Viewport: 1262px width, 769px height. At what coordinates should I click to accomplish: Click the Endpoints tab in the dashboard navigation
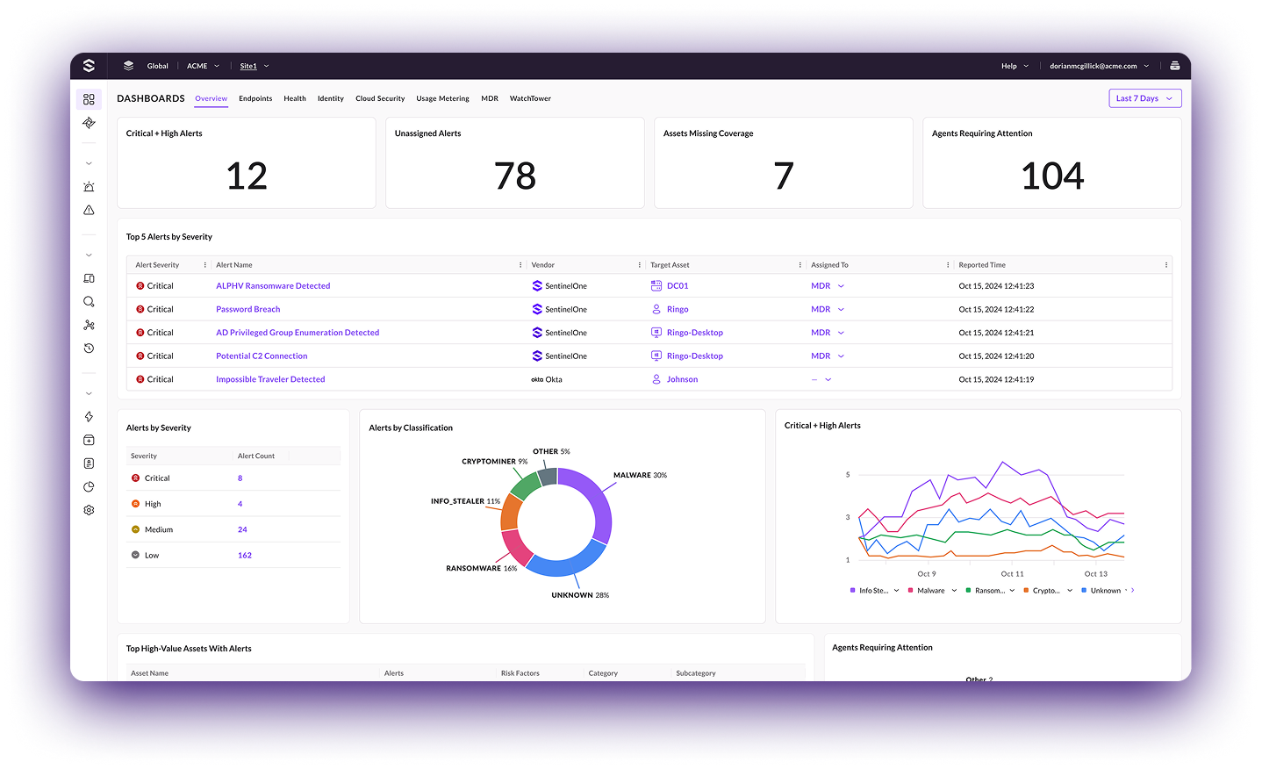click(255, 98)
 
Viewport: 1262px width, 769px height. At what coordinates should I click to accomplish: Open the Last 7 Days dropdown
click(1144, 98)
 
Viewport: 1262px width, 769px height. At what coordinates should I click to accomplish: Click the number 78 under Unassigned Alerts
click(515, 176)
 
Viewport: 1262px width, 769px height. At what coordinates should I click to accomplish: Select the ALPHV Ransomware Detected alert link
click(273, 286)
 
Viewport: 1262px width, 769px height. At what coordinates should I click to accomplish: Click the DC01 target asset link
click(677, 286)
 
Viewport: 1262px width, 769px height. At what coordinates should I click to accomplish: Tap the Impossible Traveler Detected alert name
click(270, 379)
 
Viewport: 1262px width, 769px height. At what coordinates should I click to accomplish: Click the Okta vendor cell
click(547, 379)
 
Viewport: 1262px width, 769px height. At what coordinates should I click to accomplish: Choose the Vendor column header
click(543, 265)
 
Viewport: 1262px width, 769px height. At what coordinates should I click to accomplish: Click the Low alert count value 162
click(245, 556)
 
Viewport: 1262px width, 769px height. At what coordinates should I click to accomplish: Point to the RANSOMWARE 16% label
click(481, 569)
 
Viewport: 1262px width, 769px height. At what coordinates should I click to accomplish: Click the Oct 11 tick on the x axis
click(1012, 574)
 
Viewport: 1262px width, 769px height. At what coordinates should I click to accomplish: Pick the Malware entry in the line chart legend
click(930, 591)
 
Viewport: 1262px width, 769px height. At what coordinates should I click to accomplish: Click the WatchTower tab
click(530, 98)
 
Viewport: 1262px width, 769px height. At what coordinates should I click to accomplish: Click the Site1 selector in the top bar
click(249, 66)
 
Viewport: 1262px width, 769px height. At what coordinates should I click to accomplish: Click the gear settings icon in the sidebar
click(89, 510)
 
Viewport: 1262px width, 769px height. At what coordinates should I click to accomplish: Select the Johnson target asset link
click(682, 379)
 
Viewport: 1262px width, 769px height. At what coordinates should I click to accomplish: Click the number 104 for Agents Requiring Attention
click(1051, 176)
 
